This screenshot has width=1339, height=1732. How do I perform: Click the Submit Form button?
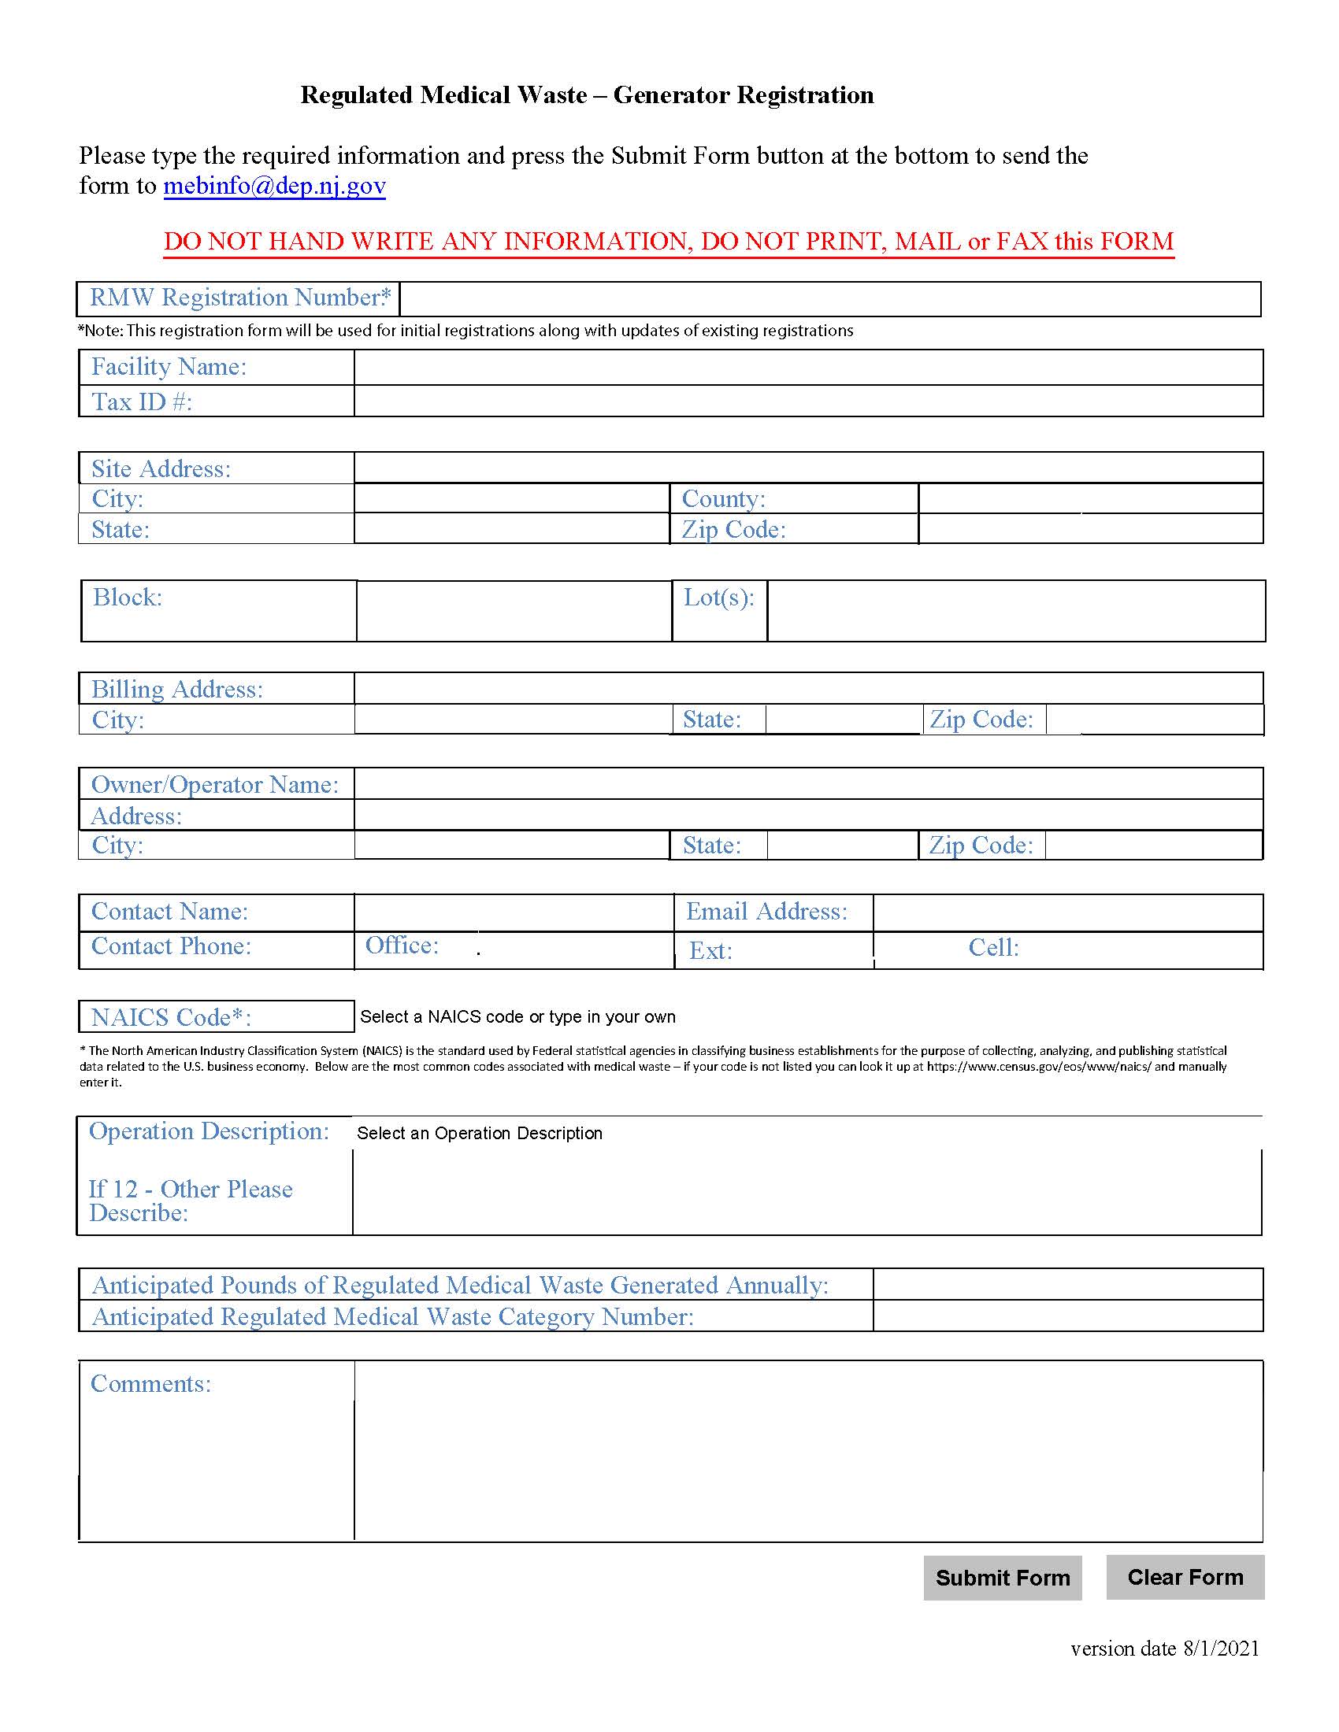click(x=1002, y=1578)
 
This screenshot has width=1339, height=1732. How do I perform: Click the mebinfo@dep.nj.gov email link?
click(x=274, y=186)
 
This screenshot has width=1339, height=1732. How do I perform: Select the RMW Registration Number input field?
click(x=829, y=299)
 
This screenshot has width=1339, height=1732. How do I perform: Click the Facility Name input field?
click(x=807, y=367)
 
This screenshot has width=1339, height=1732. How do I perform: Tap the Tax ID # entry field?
click(x=807, y=402)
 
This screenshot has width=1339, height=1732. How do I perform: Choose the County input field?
click(x=1090, y=499)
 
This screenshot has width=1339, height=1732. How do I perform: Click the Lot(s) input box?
click(x=1015, y=611)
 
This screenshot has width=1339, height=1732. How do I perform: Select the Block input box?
click(x=514, y=611)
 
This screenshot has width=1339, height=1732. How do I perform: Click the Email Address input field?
click(x=1067, y=912)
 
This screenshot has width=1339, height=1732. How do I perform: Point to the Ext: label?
click(x=710, y=950)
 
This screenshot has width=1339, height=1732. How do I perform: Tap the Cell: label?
click(x=993, y=948)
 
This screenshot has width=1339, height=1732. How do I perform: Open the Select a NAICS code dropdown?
click(x=518, y=1016)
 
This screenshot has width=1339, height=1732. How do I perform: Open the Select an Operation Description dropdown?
click(x=480, y=1133)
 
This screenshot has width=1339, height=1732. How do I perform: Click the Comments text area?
click(x=807, y=1450)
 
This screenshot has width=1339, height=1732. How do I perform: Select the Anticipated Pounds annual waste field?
click(x=1067, y=1284)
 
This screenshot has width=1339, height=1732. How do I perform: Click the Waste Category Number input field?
click(x=1067, y=1316)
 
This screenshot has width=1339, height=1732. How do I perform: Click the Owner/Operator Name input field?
click(x=807, y=783)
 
